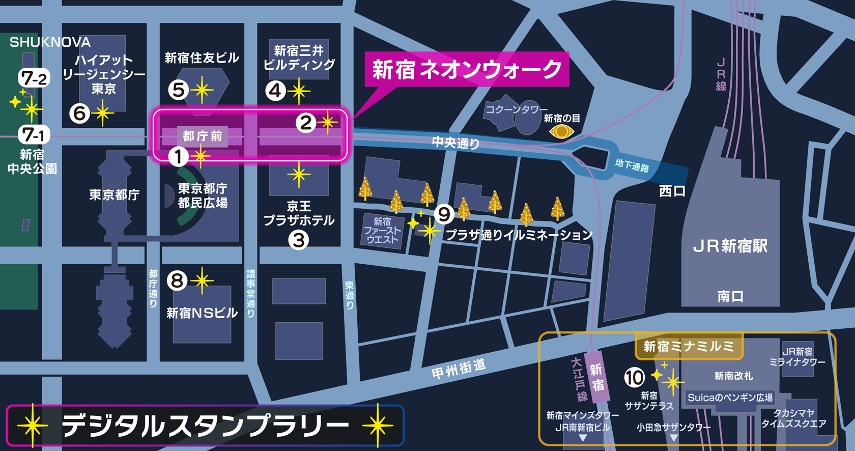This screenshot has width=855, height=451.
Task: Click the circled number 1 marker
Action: (x=178, y=156)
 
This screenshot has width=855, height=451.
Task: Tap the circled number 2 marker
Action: (x=306, y=123)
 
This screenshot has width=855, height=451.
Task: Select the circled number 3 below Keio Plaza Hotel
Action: (x=299, y=240)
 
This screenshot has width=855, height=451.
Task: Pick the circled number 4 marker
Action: (x=275, y=91)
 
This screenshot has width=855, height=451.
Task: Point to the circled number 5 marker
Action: (x=178, y=90)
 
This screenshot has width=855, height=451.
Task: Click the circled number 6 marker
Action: (x=79, y=113)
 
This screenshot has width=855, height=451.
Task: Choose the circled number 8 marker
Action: (x=177, y=280)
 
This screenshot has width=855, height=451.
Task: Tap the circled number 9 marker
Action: (x=444, y=214)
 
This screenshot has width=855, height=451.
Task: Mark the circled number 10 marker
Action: (x=634, y=378)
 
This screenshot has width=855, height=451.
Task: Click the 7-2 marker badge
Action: (x=34, y=78)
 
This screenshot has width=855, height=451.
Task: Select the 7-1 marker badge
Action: (x=34, y=135)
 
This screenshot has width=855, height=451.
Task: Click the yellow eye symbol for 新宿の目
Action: (x=561, y=132)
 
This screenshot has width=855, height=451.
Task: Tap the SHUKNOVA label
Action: (x=50, y=42)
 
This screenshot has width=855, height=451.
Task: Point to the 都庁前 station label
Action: (x=203, y=136)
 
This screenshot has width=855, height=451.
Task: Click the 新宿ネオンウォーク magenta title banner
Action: (x=467, y=70)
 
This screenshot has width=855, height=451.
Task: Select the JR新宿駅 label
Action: (x=730, y=246)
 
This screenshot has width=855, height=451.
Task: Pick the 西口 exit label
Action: (x=672, y=191)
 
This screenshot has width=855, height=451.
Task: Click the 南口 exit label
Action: (x=730, y=296)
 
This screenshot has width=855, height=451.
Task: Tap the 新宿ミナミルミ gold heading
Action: (x=689, y=347)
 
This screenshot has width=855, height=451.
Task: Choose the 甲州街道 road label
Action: (x=459, y=369)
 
